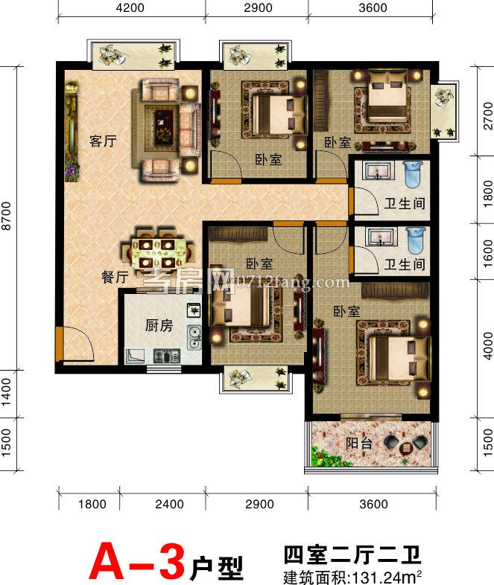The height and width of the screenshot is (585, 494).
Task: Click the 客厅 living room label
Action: (x=103, y=141)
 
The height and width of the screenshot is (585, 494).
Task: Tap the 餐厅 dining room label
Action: (x=115, y=277)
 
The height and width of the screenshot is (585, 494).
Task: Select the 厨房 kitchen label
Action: (x=159, y=326)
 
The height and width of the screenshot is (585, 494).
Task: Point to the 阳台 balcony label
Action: (x=359, y=443)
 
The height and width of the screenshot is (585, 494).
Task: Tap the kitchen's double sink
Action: (x=194, y=337)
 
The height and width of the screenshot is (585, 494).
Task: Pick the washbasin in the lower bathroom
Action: (x=380, y=237)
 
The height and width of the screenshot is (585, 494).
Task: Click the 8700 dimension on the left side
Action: (x=7, y=216)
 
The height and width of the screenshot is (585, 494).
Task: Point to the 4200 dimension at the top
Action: (x=130, y=7)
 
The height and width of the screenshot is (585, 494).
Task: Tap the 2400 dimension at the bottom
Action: (x=170, y=504)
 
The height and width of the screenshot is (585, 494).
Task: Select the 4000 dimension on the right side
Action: (x=488, y=346)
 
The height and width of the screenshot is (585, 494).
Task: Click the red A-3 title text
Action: (x=136, y=561)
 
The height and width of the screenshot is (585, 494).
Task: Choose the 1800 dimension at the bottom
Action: (x=92, y=504)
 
